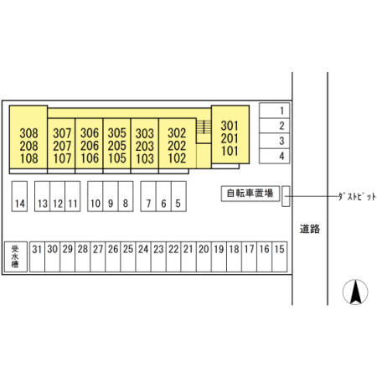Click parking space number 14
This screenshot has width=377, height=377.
(19, 196)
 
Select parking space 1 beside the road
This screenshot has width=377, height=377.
(274, 111)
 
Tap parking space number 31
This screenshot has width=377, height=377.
(37, 256)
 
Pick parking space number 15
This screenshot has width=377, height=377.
(280, 256)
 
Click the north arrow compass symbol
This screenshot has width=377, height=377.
(355, 292)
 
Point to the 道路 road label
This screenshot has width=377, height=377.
(310, 229)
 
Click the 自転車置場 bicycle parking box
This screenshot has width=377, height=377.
(250, 194)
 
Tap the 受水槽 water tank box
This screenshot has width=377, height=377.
(16, 256)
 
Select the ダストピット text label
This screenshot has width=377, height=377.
(357, 196)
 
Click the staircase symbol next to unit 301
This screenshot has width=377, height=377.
(204, 127)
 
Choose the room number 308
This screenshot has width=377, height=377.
(28, 133)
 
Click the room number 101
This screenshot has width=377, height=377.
(230, 151)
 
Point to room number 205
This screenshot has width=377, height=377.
(117, 146)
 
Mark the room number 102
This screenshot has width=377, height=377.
(177, 158)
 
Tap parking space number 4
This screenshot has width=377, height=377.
(274, 156)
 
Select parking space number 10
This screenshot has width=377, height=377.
(96, 196)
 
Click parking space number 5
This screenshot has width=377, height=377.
(178, 196)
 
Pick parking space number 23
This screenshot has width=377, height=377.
(158, 256)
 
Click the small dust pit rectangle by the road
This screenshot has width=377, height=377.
(286, 196)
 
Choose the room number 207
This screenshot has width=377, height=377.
(62, 146)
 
